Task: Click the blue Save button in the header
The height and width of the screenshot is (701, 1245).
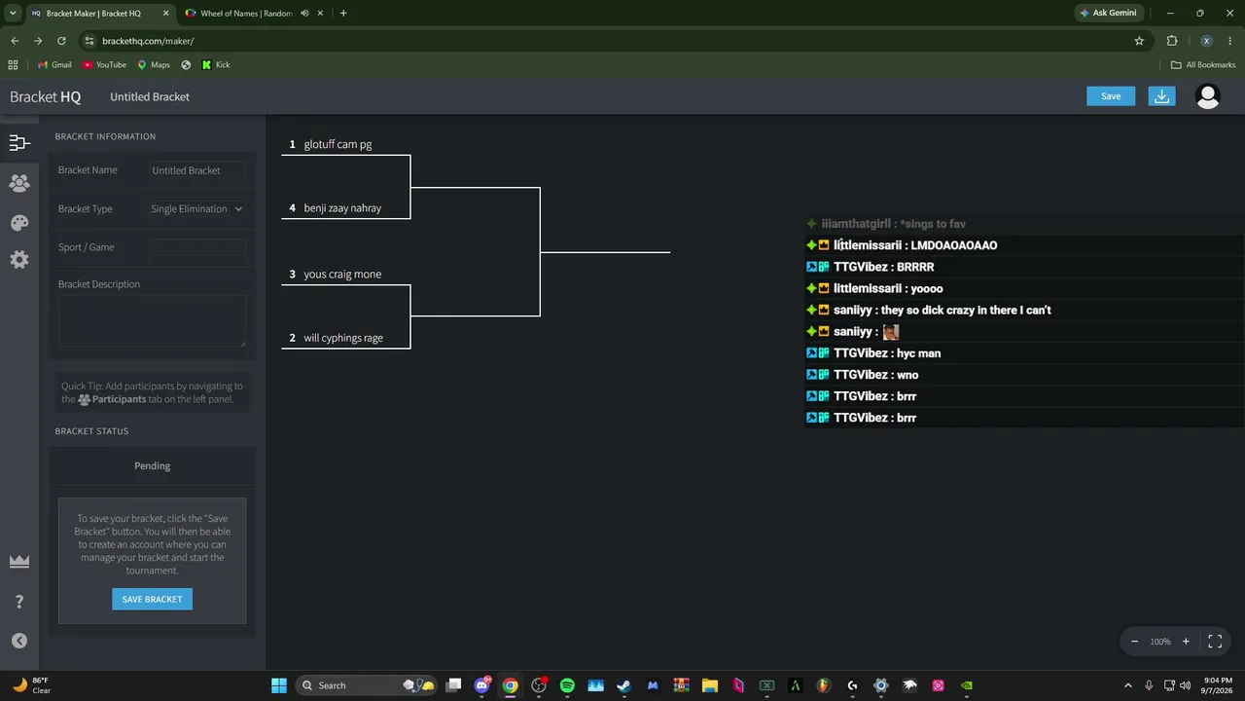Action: tap(1111, 96)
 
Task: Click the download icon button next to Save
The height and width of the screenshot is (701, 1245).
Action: tap(1161, 96)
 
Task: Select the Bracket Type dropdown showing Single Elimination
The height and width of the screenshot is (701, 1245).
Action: tap(196, 208)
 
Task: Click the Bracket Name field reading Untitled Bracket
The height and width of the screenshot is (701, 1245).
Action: tap(196, 170)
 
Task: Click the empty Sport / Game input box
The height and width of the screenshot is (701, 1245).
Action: tap(196, 247)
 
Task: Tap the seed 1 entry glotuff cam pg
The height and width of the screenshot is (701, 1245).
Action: tap(338, 144)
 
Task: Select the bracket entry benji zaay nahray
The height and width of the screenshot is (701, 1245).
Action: tap(342, 208)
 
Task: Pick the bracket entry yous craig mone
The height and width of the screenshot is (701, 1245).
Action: tap(342, 274)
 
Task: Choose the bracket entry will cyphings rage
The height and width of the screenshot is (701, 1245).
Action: tap(343, 338)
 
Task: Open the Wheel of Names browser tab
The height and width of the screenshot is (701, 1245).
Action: tap(246, 14)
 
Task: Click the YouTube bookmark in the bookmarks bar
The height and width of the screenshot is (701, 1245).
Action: tap(104, 64)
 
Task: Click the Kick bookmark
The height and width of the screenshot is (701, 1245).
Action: tap(216, 64)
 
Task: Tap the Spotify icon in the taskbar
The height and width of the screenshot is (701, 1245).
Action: tap(567, 684)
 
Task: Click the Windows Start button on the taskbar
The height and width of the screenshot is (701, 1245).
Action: tap(279, 684)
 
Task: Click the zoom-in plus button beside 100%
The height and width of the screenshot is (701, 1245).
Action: tap(1186, 642)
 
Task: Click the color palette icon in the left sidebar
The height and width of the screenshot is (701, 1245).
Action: tap(19, 223)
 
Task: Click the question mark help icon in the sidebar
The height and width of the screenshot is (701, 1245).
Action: tap(19, 602)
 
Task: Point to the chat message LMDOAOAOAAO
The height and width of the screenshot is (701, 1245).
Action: tap(953, 245)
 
